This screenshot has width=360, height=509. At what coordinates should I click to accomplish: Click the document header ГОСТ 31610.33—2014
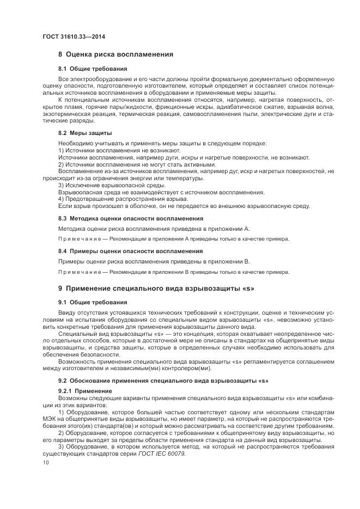coord(74,36)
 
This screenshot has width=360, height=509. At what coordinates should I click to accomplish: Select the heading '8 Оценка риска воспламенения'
coord(115,54)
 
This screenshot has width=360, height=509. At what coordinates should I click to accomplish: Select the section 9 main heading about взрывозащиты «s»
coord(157,287)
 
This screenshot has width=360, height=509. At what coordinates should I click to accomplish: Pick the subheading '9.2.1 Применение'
coord(85,390)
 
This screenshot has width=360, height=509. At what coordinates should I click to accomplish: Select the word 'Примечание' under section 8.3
coord(77,239)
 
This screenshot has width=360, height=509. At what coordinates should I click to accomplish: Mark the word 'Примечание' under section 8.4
coord(77,272)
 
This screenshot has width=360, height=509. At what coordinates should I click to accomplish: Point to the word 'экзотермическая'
coord(68,114)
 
